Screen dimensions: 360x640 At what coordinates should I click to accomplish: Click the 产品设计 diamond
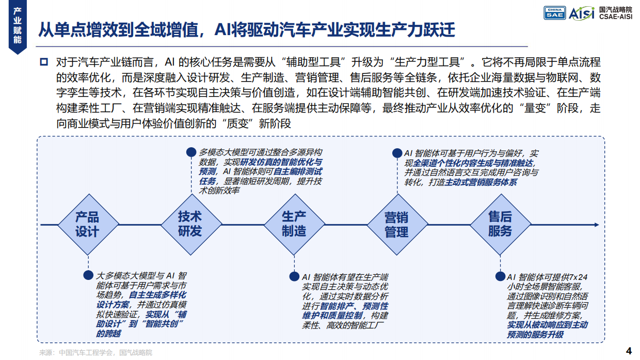tap(87, 224)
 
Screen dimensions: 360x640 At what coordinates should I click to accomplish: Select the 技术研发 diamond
tap(190, 224)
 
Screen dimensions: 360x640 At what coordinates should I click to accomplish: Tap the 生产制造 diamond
tap(294, 224)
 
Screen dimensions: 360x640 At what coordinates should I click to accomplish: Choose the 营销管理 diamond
tap(397, 224)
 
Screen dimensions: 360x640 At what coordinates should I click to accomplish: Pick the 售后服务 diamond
tap(500, 224)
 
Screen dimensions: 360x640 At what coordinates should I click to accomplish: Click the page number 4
tap(628, 350)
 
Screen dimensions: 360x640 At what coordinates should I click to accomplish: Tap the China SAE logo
tap(555, 13)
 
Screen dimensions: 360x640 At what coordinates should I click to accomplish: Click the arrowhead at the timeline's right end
tap(596, 225)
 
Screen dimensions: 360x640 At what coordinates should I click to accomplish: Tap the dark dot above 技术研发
tap(191, 152)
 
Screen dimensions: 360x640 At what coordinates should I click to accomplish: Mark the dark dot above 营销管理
tap(397, 153)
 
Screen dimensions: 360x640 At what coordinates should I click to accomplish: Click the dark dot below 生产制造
tap(294, 277)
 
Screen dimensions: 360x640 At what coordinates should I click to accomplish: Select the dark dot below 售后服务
tap(500, 277)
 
